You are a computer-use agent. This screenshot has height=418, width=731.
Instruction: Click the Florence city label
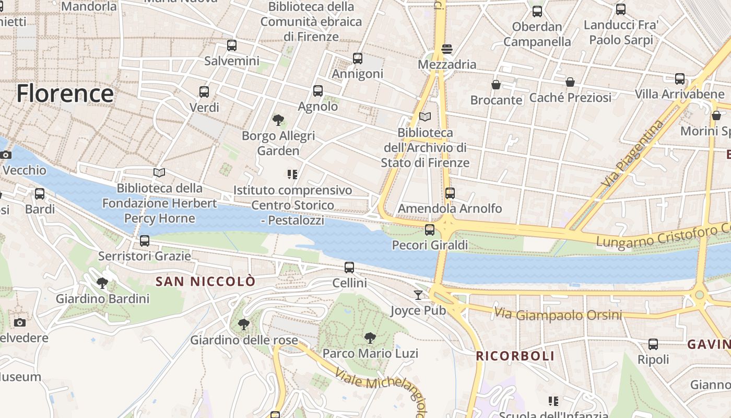click(65, 94)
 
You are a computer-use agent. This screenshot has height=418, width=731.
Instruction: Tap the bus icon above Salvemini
click(232, 45)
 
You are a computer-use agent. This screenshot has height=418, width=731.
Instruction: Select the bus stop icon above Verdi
click(204, 92)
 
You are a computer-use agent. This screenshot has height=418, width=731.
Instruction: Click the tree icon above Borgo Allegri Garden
click(278, 121)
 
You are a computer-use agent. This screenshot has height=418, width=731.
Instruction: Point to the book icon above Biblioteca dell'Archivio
click(425, 117)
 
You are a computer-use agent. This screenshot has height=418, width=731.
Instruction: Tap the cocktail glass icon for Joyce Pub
click(418, 295)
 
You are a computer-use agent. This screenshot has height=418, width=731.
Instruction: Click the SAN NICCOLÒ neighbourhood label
click(206, 282)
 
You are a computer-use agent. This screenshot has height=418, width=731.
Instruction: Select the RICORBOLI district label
click(515, 356)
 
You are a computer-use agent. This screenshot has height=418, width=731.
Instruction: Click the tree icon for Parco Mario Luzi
click(370, 338)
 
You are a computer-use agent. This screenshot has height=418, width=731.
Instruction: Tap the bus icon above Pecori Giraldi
click(430, 229)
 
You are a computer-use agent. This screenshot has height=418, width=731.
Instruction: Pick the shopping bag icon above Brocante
click(496, 85)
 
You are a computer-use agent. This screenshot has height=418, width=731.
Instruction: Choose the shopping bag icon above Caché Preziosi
click(570, 82)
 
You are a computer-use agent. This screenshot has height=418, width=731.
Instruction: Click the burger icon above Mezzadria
click(446, 49)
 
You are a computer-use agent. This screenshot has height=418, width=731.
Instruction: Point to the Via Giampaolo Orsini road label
click(558, 315)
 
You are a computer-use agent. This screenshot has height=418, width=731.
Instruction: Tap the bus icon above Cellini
click(349, 268)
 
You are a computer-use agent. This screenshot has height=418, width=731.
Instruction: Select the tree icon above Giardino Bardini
click(102, 284)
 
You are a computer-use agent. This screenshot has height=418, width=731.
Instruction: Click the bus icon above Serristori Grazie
click(145, 241)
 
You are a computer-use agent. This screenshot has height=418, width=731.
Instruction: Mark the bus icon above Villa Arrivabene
click(680, 79)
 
